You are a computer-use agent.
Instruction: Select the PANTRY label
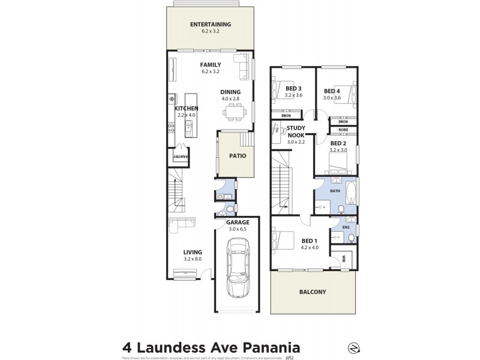pyautogui.click(x=181, y=157)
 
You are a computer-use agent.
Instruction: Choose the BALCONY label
pyautogui.click(x=312, y=292)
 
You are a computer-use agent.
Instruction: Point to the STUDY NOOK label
pyautogui.click(x=296, y=131)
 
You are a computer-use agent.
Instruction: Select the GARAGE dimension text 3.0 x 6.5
pyautogui.click(x=238, y=229)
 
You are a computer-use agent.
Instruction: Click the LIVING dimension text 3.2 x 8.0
pyautogui.click(x=193, y=259)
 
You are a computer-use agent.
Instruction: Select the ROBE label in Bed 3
pyautogui.click(x=278, y=115)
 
